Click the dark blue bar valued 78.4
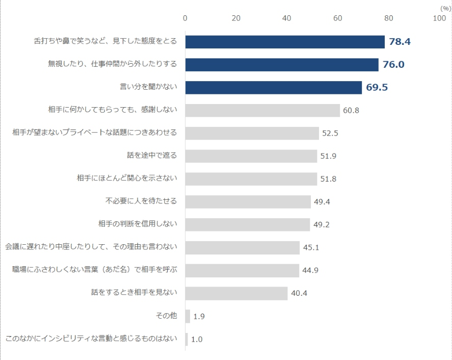(284, 42)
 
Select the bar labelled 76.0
(281, 65)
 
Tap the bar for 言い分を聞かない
(273, 88)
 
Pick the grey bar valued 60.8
(262, 111)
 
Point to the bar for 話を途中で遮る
(251, 156)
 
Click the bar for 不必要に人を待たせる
(248, 202)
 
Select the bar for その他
(188, 316)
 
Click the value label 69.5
(377, 88)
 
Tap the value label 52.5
(330, 134)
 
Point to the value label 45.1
(311, 248)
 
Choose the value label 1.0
(197, 339)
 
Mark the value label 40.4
(299, 293)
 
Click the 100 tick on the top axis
(439, 18)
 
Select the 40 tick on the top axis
(286, 18)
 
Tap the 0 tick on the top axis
(185, 18)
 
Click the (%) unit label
(444, 8)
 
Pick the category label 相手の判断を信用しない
(138, 224)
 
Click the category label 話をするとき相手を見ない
(133, 293)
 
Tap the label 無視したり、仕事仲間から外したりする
(112, 64)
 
